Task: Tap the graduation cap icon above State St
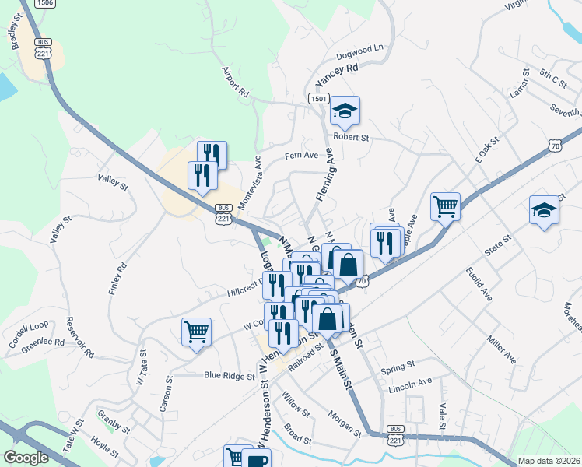[544, 210]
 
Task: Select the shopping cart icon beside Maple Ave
[445, 206]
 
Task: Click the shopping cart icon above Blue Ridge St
[196, 332]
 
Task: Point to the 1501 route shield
[317, 99]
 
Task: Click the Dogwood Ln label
[360, 53]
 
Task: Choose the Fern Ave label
[301, 156]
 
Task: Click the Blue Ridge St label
[230, 375]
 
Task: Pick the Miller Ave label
[502, 349]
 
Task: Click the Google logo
[26, 458]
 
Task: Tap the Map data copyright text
[549, 461]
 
